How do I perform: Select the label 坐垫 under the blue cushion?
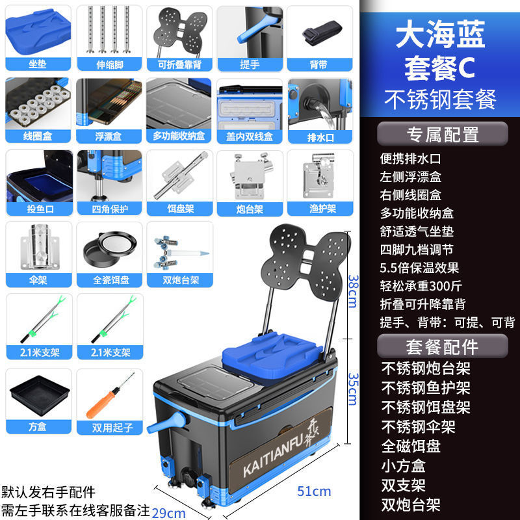[x=38, y=64]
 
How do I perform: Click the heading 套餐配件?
[x=442, y=345]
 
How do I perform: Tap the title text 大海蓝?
[x=441, y=36]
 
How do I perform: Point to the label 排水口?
[x=320, y=136]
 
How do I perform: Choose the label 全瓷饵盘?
[x=107, y=280]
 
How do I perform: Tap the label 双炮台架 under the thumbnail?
[x=180, y=280]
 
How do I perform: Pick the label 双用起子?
[x=107, y=428]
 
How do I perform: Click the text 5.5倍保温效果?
[x=420, y=267]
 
